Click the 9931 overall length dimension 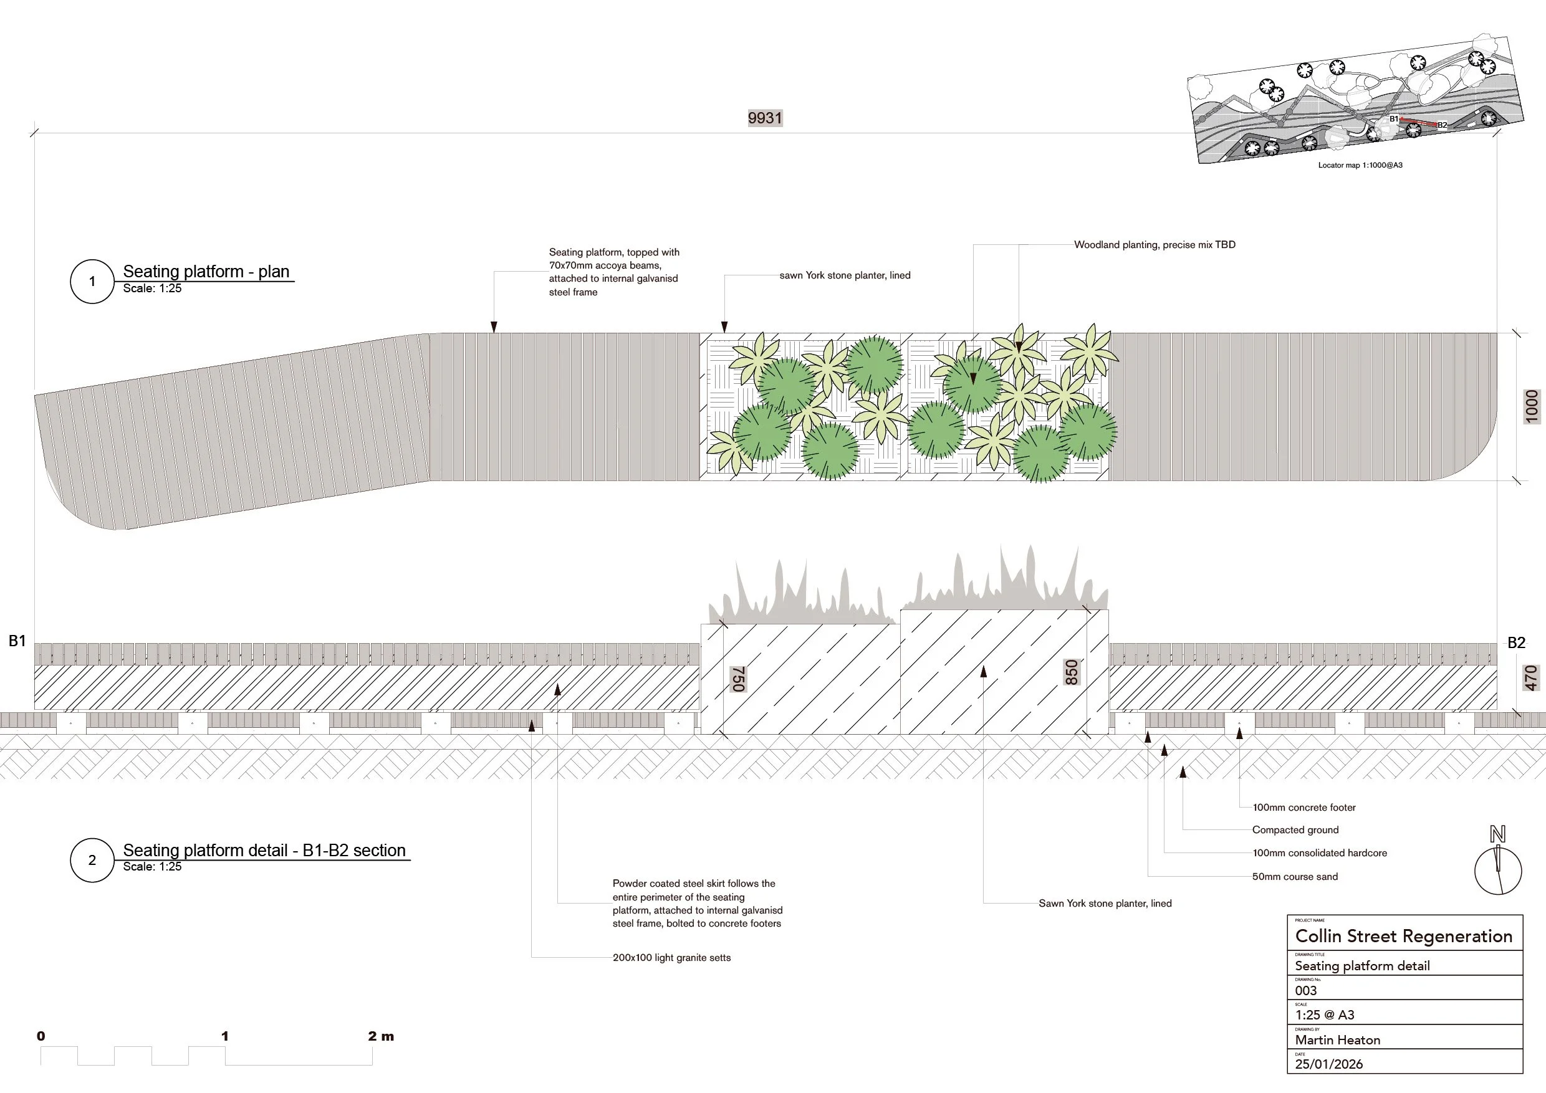point(765,118)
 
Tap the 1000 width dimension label point(1532,406)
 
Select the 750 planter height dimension point(738,679)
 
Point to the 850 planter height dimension point(1072,672)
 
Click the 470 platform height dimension point(1531,678)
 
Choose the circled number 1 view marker point(92,281)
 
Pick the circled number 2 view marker point(92,860)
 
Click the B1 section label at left point(17,641)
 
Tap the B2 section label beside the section point(1515,642)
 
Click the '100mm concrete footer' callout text point(1304,808)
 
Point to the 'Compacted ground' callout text point(1295,830)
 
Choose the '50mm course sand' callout point(1294,876)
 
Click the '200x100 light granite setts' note point(671,957)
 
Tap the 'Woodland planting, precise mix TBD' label point(1154,245)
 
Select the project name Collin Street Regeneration point(1403,936)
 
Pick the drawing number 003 point(1305,990)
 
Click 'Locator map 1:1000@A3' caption point(1360,165)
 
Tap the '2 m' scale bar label point(380,1036)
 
